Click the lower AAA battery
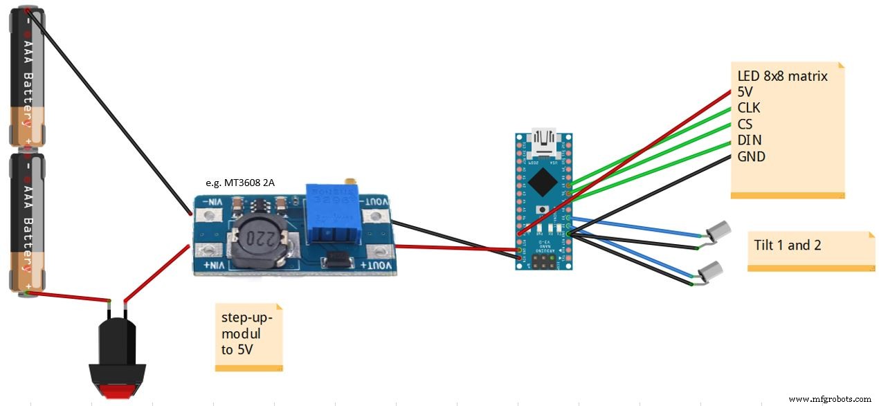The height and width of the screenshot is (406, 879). (x=27, y=221)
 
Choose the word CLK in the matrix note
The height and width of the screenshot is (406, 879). (x=750, y=108)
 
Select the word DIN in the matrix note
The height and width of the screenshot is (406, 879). (x=750, y=140)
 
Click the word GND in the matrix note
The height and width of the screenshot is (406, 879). (x=751, y=157)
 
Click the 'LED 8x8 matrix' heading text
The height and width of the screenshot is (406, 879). (x=782, y=76)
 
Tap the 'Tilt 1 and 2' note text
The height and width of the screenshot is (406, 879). (x=788, y=245)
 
